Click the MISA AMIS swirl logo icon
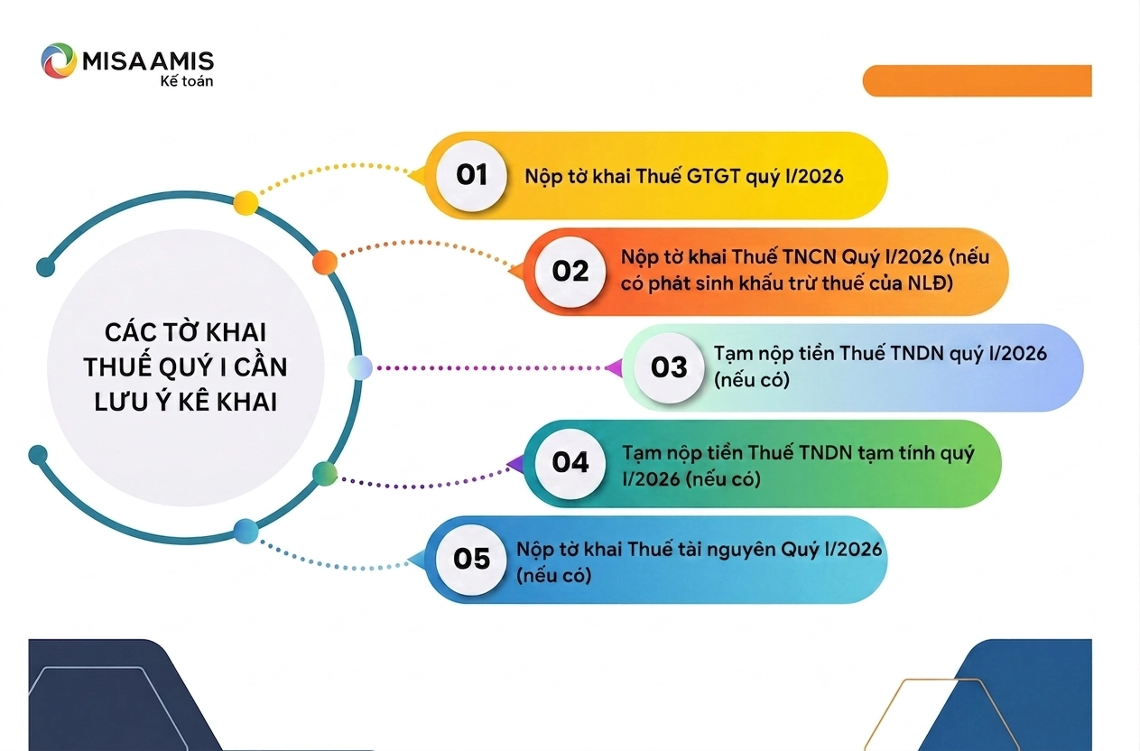[x=58, y=60]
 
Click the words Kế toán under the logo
[x=187, y=81]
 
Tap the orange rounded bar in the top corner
[x=978, y=80]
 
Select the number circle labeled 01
[x=471, y=175]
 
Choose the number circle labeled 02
[x=570, y=271]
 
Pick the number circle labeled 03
[x=669, y=367]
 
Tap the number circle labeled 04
[x=570, y=463]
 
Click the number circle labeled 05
[x=471, y=559]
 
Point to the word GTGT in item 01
[x=714, y=177]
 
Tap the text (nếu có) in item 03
[x=752, y=380]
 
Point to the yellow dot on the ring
[x=246, y=203]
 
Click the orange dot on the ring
[x=325, y=262]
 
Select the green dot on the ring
[x=325, y=474]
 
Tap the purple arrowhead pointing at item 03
[x=615, y=368]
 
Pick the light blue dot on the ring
[x=360, y=367]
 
